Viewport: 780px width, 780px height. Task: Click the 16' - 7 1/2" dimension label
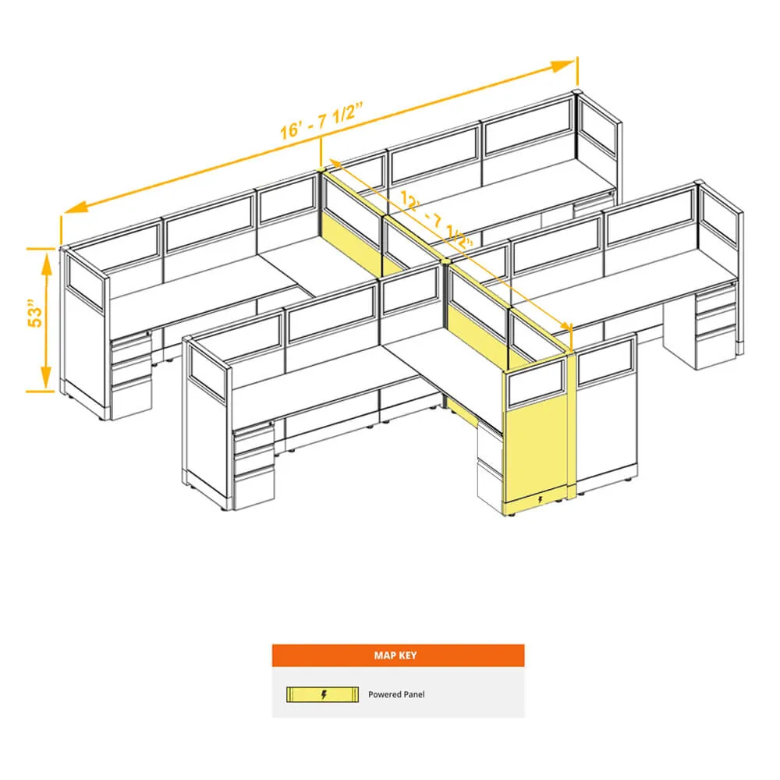pos(321,120)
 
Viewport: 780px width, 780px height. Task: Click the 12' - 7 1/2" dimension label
pos(436,219)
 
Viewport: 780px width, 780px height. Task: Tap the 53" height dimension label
pos(35,313)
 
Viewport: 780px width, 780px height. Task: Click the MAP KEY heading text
pos(395,655)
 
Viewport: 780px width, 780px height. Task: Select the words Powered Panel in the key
pos(396,694)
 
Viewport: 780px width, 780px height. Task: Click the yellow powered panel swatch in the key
pos(322,694)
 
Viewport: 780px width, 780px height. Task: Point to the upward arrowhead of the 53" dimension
pos(46,262)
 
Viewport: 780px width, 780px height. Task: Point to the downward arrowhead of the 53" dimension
pos(46,378)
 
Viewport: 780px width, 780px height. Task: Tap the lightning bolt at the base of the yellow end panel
pos(541,499)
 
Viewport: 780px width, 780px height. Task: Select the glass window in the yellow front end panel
pos(536,384)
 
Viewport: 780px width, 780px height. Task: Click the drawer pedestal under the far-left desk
pos(131,376)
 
